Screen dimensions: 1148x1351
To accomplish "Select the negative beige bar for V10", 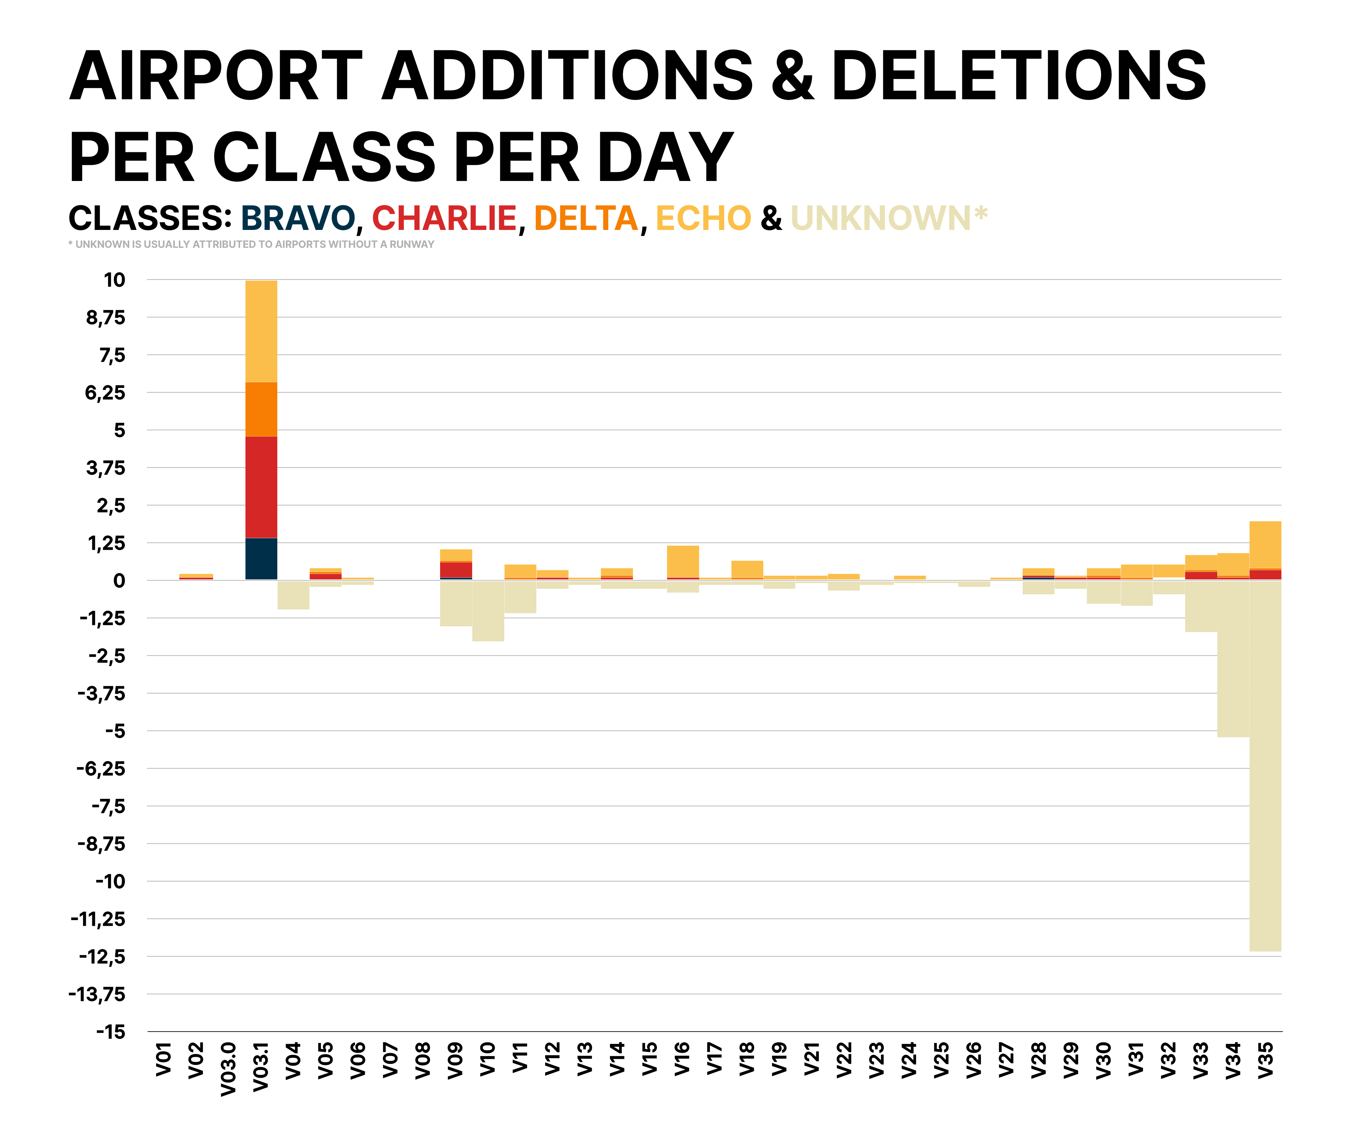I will tap(488, 610).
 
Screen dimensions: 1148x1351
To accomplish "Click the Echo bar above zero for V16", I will tap(682, 561).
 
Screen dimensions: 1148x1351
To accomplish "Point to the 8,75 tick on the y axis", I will tap(105, 318).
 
